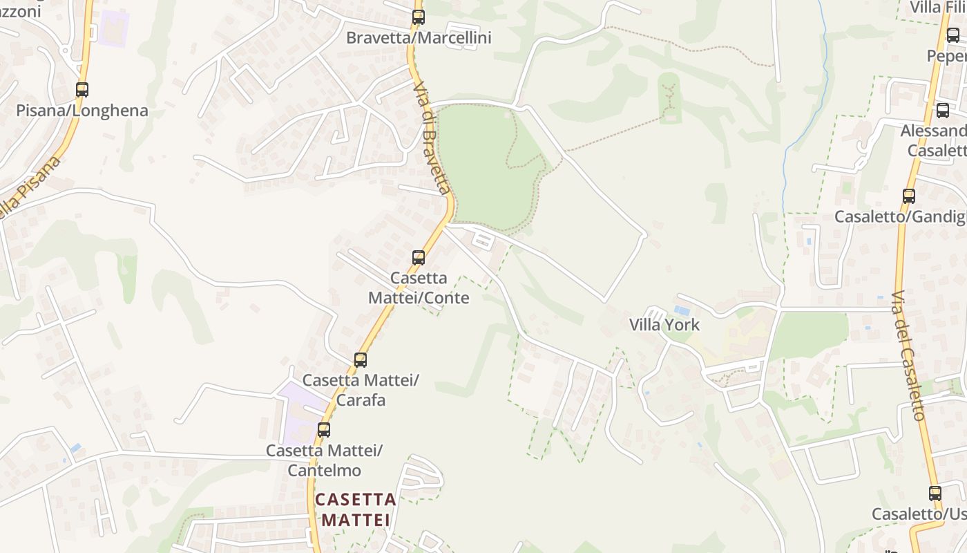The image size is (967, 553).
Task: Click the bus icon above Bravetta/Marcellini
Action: click(x=418, y=17)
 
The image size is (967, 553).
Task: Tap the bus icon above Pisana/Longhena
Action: click(x=82, y=90)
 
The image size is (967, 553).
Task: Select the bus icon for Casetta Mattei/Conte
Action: click(x=419, y=258)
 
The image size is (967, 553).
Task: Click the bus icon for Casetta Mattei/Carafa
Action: click(x=360, y=360)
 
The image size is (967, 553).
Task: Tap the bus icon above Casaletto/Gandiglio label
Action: click(x=909, y=196)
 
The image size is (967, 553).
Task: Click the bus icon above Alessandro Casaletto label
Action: click(x=943, y=111)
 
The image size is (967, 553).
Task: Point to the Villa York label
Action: click(x=664, y=325)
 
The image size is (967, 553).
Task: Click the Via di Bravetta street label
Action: click(x=432, y=138)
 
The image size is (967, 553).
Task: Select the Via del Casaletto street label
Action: click(x=908, y=356)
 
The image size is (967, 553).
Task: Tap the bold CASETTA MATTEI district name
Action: click(x=356, y=509)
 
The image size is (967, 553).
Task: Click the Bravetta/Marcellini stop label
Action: click(x=419, y=38)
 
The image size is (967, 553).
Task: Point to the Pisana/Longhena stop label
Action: click(x=82, y=111)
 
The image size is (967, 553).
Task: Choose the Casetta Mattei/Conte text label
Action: click(x=419, y=288)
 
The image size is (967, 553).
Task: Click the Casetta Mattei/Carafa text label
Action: click(x=360, y=390)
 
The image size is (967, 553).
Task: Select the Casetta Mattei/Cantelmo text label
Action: click(x=324, y=460)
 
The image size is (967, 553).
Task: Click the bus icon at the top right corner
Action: click(x=953, y=35)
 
